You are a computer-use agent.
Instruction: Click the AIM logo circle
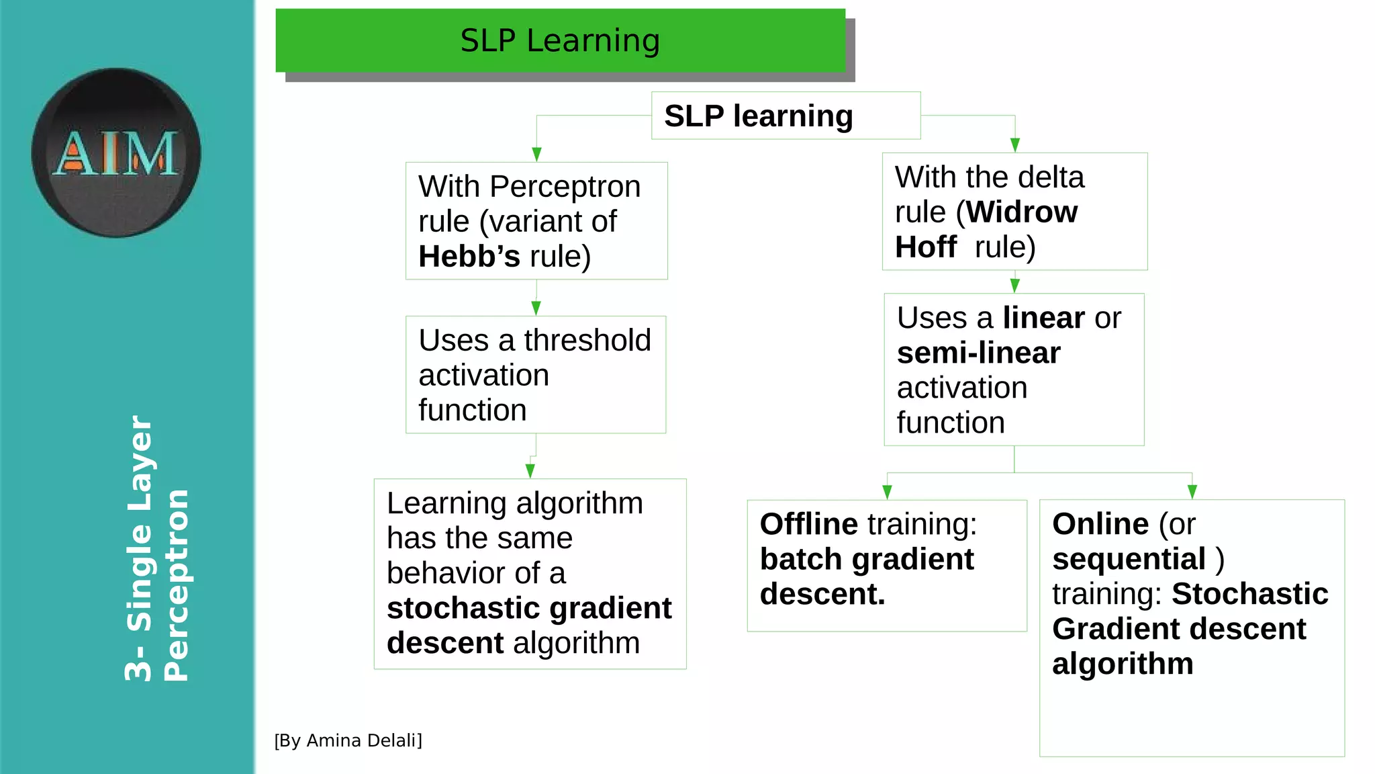[x=116, y=153]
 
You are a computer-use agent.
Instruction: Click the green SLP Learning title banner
[x=560, y=40]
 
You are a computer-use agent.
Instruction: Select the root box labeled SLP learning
[x=785, y=116]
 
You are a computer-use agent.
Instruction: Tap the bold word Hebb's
[x=469, y=257]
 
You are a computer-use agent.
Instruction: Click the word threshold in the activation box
[x=587, y=341]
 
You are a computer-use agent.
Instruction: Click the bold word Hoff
[x=925, y=247]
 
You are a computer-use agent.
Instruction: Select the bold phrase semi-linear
[x=978, y=353]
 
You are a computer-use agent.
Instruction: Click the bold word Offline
[x=808, y=524]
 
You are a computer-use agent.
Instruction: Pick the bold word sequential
[x=1129, y=559]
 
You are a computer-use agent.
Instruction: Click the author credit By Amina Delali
[x=348, y=740]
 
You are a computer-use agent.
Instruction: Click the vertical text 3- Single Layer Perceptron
[x=157, y=548]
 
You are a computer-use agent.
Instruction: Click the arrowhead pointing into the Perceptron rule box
[x=536, y=155]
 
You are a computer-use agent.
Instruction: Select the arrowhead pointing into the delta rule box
[x=1014, y=145]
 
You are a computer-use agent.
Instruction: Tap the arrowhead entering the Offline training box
[x=887, y=492]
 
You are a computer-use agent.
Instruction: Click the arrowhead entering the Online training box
[x=1192, y=492]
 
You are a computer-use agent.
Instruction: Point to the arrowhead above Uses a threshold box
[x=536, y=308]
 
